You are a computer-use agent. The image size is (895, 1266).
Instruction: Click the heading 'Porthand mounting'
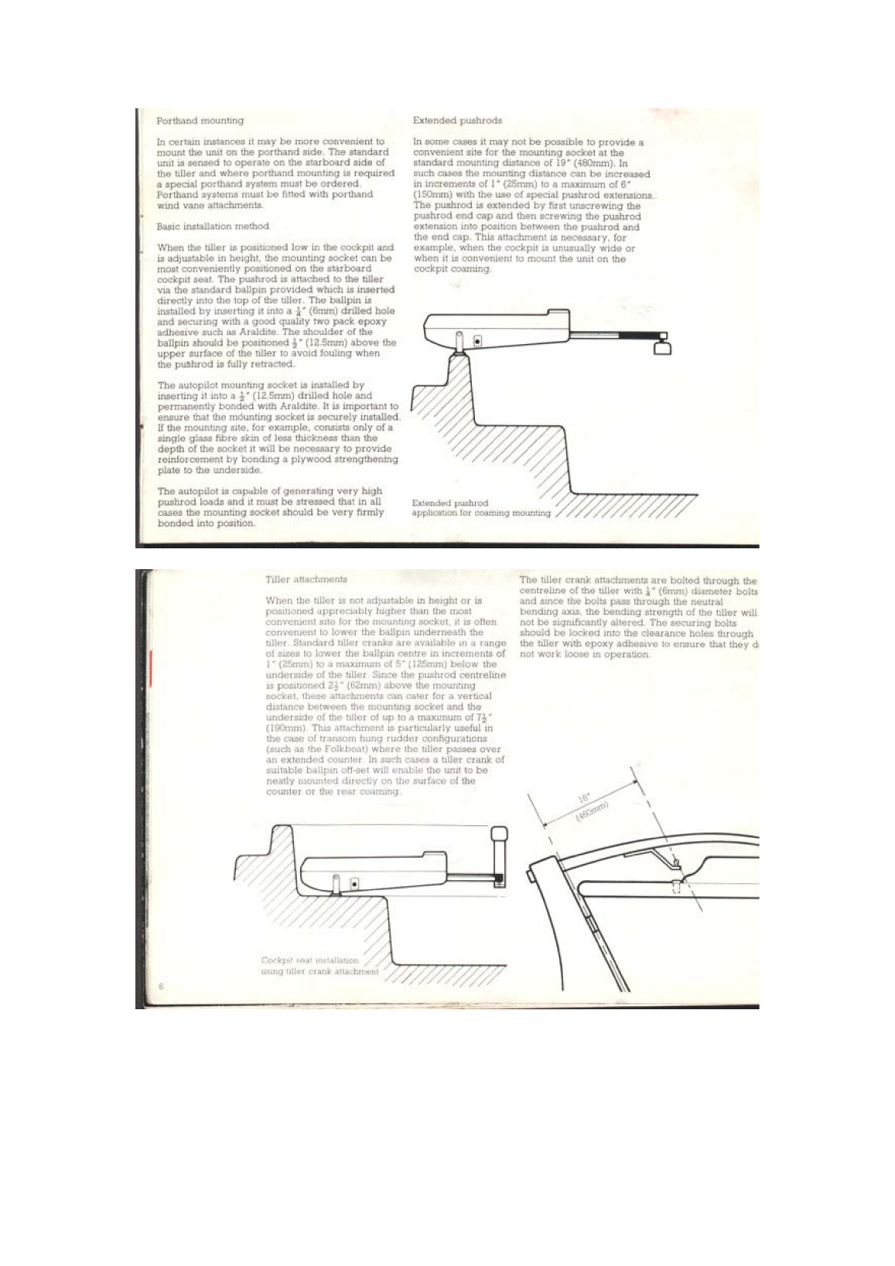[x=200, y=121]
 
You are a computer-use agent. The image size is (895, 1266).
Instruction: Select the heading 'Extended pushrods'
[x=457, y=121]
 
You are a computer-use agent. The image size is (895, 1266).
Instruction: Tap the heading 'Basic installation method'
[x=213, y=227]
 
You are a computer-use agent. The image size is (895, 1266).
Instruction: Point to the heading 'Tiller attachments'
[x=306, y=579]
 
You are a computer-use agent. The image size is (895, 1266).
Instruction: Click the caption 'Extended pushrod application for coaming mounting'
[x=480, y=508]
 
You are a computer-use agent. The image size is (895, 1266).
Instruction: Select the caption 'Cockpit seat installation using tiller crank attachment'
[x=319, y=966]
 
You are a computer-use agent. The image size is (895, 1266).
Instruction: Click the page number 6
[x=161, y=985]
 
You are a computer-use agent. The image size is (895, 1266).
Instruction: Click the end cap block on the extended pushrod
[x=663, y=347]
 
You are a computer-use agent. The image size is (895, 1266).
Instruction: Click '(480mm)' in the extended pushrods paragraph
[x=593, y=163]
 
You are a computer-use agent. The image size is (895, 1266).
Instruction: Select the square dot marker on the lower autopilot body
[x=354, y=882]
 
